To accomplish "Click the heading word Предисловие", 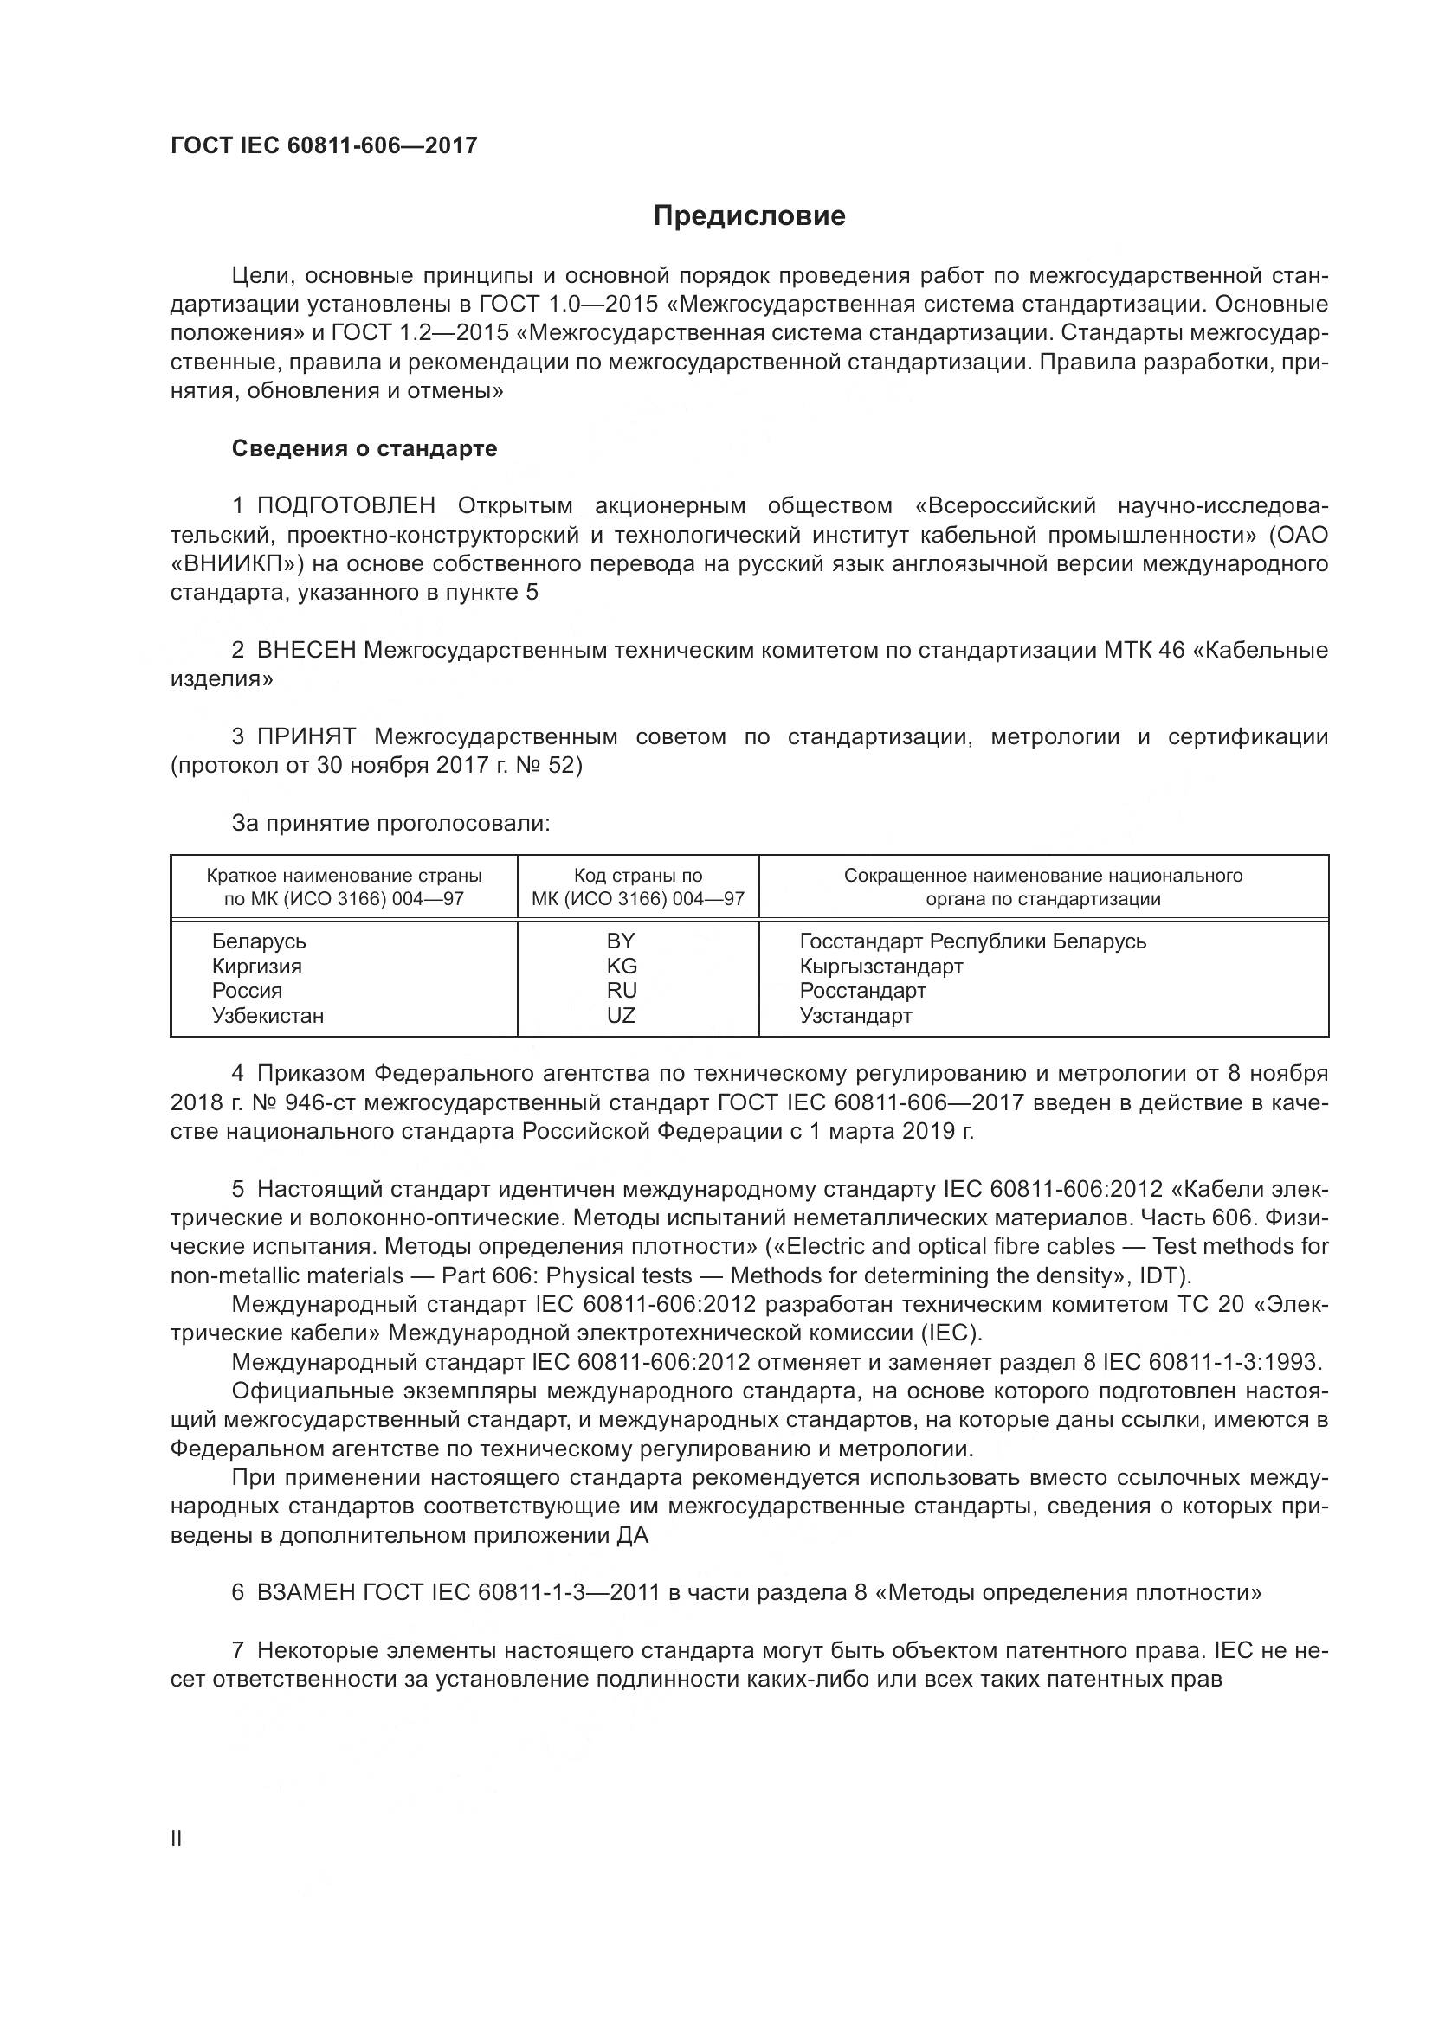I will point(749,216).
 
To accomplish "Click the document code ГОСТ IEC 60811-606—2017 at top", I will point(324,145).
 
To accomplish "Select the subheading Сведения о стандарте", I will point(364,449).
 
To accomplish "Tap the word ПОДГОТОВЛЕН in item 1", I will point(345,506).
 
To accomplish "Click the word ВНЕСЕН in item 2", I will point(306,651).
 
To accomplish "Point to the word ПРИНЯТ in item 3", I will point(306,737).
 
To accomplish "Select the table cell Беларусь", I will point(258,941).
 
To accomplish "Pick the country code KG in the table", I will point(621,967).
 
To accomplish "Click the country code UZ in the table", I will point(621,1016).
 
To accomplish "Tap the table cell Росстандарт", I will point(862,991).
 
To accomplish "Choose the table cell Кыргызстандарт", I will point(880,967).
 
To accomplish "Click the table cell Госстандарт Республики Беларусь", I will point(972,941).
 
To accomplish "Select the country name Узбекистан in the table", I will point(268,1016).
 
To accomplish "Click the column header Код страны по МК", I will point(637,888).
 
